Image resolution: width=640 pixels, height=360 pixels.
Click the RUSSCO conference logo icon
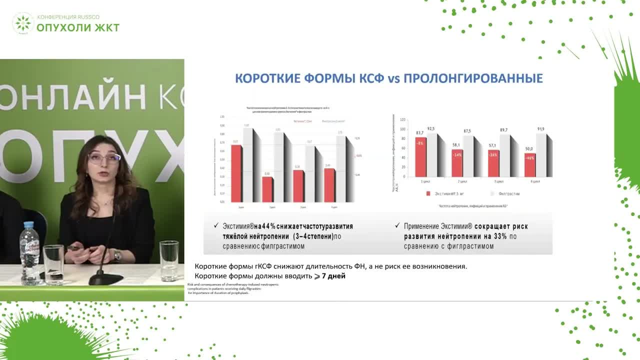coord(23,23)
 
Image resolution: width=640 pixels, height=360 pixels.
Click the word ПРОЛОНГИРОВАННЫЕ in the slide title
coord(473,79)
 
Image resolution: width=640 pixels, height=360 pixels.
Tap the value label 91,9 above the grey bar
coord(540,129)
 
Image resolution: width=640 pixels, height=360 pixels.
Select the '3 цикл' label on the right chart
coord(494,181)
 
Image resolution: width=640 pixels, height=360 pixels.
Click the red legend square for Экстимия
coord(428,193)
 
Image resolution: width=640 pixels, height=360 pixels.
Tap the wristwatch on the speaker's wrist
coord(117,255)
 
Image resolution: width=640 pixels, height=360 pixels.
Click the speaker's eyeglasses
coord(104,158)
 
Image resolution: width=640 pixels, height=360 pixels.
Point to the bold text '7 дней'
coord(333,276)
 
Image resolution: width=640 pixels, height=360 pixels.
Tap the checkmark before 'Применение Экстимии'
coord(397,226)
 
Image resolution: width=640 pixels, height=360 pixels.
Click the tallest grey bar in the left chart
coord(248,165)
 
